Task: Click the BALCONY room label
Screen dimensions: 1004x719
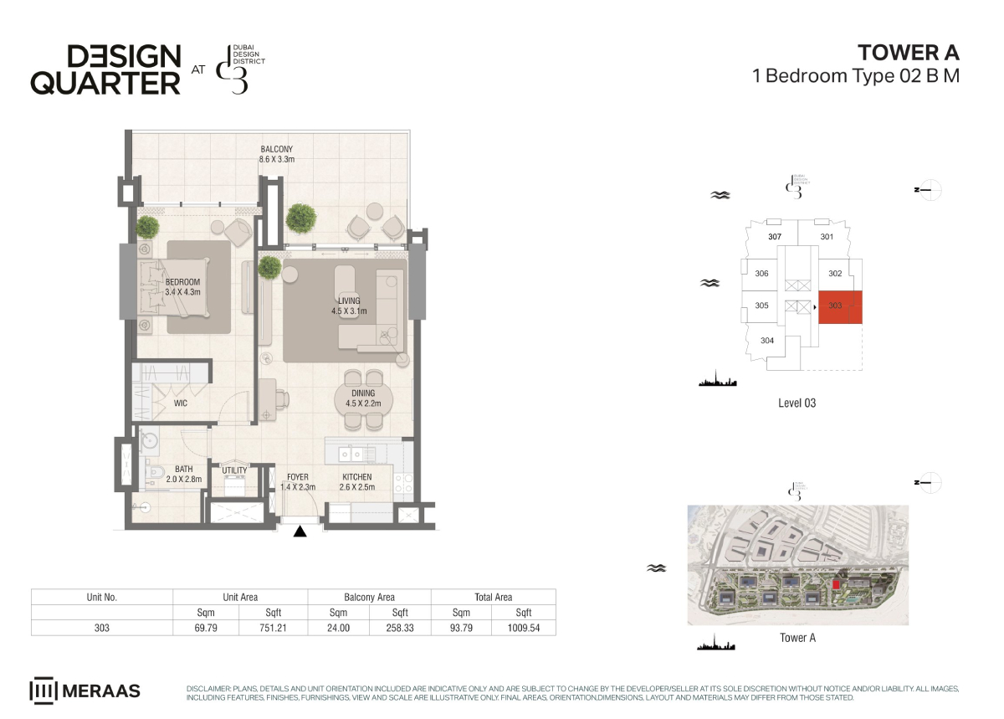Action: coord(277,149)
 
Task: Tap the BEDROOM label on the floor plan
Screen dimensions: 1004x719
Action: coord(182,282)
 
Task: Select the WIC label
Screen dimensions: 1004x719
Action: coord(181,403)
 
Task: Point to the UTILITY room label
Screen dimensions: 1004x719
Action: coord(234,470)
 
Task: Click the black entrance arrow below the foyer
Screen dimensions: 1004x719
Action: coord(300,532)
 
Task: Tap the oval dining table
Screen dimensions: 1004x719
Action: coord(363,399)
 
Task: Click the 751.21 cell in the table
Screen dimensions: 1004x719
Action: coord(273,628)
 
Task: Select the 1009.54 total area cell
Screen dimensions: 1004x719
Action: coord(524,628)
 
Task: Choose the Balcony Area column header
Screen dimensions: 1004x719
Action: coord(369,597)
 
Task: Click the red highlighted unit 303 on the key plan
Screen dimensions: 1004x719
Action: coord(840,307)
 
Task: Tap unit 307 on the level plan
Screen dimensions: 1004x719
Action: coord(775,237)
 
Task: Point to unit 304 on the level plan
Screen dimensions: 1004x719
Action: coord(767,341)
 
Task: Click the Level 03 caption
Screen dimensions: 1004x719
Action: coord(797,403)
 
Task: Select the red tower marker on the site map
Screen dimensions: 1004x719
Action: coord(836,584)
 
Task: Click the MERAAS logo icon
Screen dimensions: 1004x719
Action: coord(43,691)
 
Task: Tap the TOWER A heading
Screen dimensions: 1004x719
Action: coord(909,53)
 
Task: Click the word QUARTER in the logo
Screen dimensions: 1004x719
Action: coord(105,84)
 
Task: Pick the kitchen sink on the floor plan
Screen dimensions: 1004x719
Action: coord(351,455)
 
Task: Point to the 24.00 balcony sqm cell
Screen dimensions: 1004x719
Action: coord(338,628)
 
